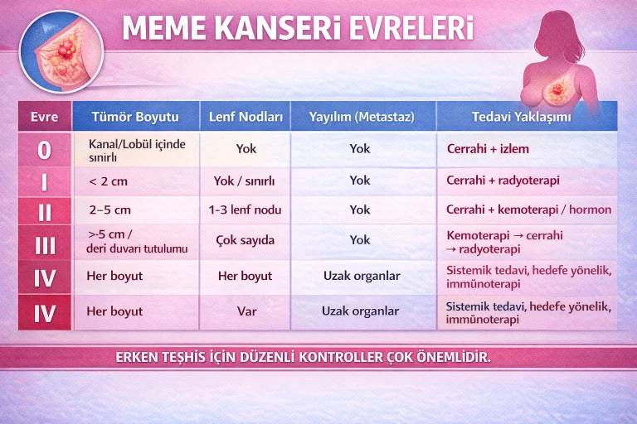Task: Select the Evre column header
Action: [x=44, y=117]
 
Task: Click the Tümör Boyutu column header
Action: [x=134, y=117]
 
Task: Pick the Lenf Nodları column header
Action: [x=246, y=117]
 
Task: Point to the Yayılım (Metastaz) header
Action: [x=361, y=117]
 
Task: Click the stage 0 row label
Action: [x=44, y=149]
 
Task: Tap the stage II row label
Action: [x=44, y=210]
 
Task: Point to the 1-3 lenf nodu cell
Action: [x=245, y=210]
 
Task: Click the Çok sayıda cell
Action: [x=245, y=240]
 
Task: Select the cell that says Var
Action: [x=245, y=311]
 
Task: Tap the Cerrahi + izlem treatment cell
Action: [x=488, y=149]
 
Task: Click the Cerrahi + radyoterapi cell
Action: [x=503, y=181]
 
